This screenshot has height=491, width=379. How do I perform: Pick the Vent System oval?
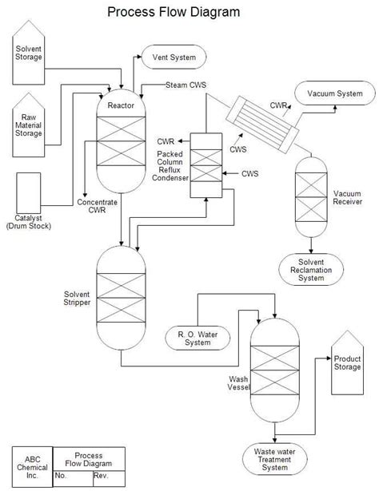point(174,57)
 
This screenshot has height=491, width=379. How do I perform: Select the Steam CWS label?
point(186,85)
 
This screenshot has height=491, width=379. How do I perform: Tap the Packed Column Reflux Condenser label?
point(173,166)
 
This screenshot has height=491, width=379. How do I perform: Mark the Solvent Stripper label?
point(78,299)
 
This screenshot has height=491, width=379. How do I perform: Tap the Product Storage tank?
point(347,363)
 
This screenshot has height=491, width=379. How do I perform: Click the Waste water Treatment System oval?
point(275,461)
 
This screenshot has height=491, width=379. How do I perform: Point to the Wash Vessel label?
point(238,384)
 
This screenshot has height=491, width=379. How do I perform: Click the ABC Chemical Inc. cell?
point(32,467)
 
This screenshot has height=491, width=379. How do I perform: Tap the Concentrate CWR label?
point(98,207)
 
